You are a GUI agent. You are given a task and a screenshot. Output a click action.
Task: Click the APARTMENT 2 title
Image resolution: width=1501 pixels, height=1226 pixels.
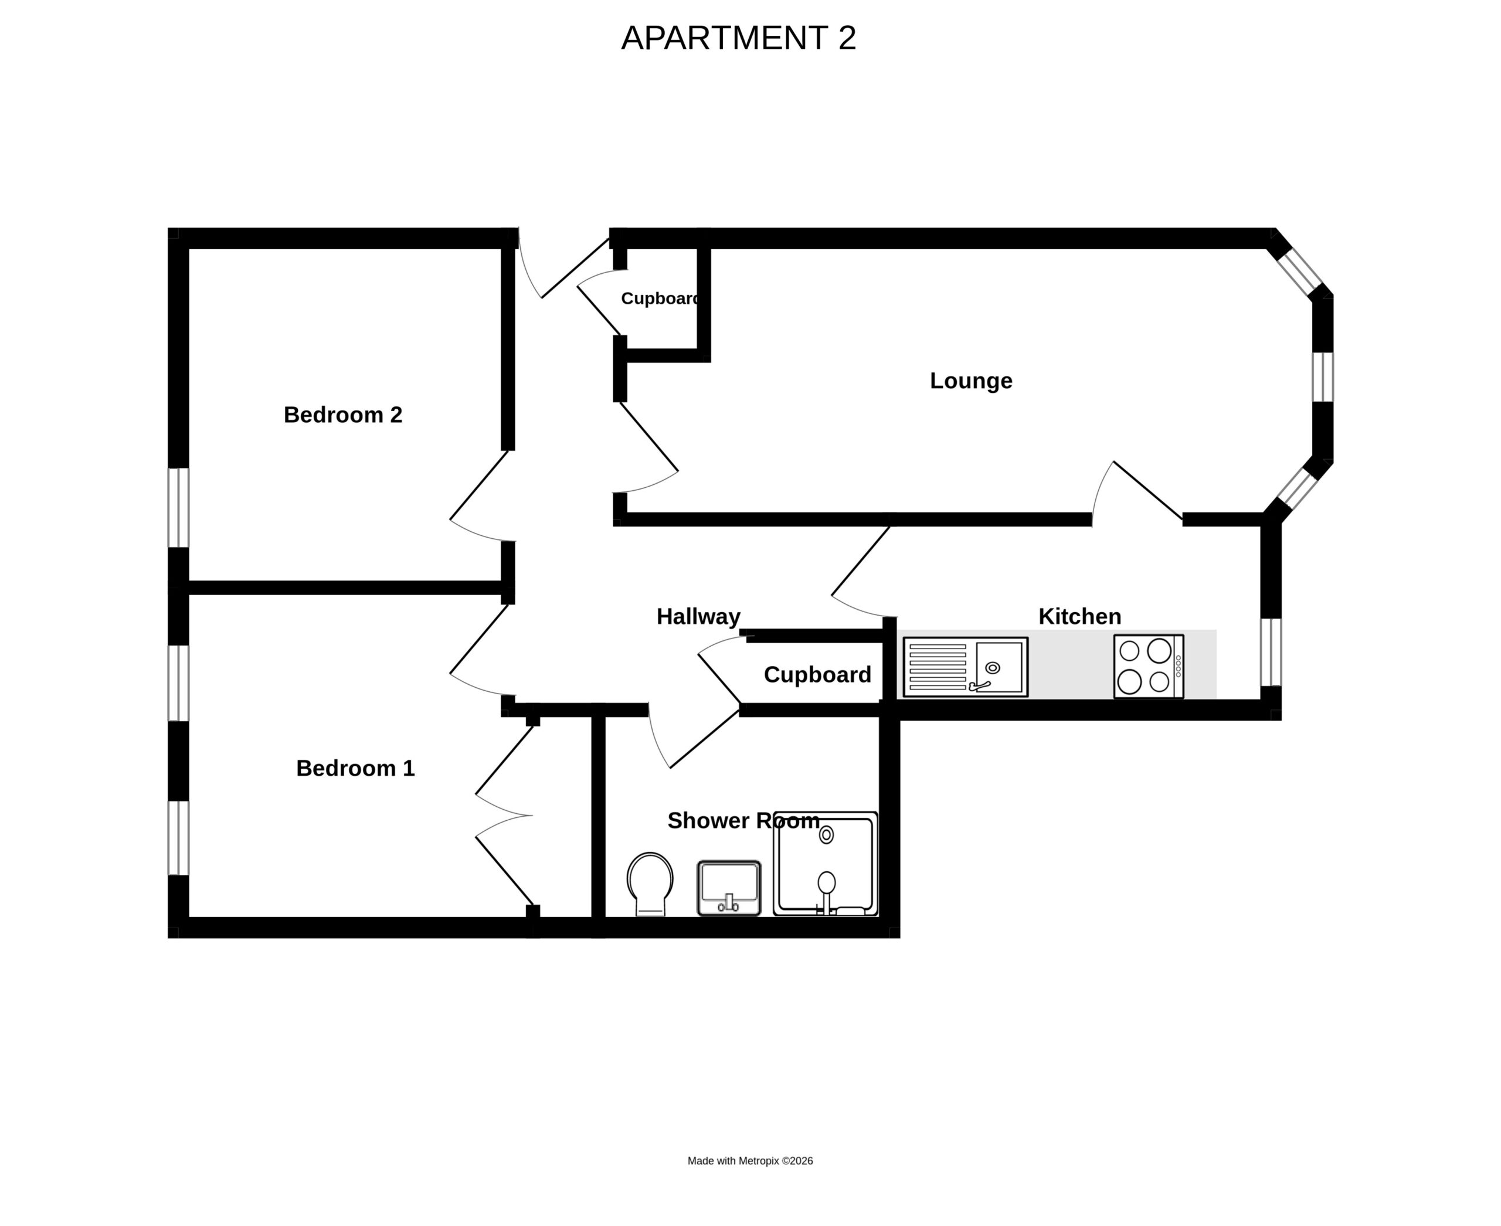(x=738, y=38)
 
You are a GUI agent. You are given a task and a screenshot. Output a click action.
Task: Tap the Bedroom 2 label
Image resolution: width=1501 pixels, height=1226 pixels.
(x=342, y=415)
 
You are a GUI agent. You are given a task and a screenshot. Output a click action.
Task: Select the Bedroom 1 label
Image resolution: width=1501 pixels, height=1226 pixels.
(x=355, y=768)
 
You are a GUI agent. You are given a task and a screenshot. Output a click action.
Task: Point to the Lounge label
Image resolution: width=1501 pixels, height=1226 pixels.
(x=970, y=381)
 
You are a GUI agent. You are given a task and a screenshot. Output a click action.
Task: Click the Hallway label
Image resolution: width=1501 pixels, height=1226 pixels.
(x=698, y=617)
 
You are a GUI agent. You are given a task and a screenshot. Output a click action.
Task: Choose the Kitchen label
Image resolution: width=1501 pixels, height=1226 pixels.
(x=1079, y=617)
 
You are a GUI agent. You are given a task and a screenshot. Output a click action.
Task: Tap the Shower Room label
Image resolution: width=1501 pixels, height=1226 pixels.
(x=743, y=821)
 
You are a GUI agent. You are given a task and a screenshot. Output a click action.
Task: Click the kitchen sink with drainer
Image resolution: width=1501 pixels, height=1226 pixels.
(x=965, y=667)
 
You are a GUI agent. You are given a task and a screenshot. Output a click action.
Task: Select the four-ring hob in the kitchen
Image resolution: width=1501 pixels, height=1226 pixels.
(x=1149, y=666)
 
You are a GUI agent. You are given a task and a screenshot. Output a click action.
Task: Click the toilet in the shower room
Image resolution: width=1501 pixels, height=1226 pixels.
(x=650, y=884)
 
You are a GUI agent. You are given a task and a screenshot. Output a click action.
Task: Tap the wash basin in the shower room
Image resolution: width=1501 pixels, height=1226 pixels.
(x=729, y=888)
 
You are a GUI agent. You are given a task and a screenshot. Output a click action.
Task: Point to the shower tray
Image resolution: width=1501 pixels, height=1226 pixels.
(x=826, y=864)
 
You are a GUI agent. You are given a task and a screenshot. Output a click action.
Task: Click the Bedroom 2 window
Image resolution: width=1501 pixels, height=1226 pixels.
(x=179, y=507)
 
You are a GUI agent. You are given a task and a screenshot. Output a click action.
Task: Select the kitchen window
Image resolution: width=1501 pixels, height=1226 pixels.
(x=1271, y=652)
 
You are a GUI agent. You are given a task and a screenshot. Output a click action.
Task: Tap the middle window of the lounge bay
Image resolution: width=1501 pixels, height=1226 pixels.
(x=1323, y=376)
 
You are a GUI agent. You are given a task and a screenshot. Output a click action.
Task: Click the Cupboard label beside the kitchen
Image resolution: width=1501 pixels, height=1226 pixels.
(x=817, y=675)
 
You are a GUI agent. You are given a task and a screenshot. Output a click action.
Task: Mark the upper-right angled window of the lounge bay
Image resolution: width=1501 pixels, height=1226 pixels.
(x=1299, y=271)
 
